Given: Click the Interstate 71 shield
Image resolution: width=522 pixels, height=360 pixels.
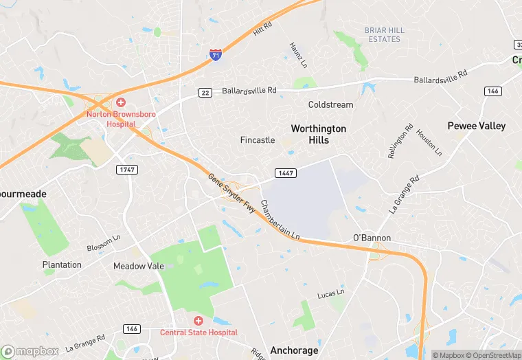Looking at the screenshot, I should tap(216, 54).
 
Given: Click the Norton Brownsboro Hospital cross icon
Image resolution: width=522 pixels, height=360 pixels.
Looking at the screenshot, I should tap(120, 102).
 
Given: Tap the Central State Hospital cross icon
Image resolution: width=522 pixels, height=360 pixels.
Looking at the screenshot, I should tap(198, 321).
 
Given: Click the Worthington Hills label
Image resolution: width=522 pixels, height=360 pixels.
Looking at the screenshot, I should tap(319, 134).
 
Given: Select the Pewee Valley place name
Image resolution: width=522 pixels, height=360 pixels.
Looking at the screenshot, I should tap(476, 126).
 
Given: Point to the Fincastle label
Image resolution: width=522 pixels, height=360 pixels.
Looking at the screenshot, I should tap(258, 140).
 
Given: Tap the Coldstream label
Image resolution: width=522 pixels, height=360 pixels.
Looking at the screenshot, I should tap(330, 105).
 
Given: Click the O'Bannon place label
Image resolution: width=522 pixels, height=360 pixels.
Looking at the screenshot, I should tap(372, 238).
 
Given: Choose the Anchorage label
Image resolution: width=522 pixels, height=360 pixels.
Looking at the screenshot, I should tap(294, 350).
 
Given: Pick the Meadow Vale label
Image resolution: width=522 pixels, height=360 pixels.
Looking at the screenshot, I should tap(138, 266).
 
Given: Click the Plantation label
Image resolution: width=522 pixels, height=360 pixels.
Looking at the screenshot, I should tap(62, 265).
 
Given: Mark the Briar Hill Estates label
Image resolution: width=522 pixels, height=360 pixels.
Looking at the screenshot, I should tap(384, 34).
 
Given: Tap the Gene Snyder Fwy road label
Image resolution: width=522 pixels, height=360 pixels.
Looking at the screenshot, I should tap(231, 193).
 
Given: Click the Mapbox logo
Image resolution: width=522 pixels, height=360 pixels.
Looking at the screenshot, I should tap(30, 351).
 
